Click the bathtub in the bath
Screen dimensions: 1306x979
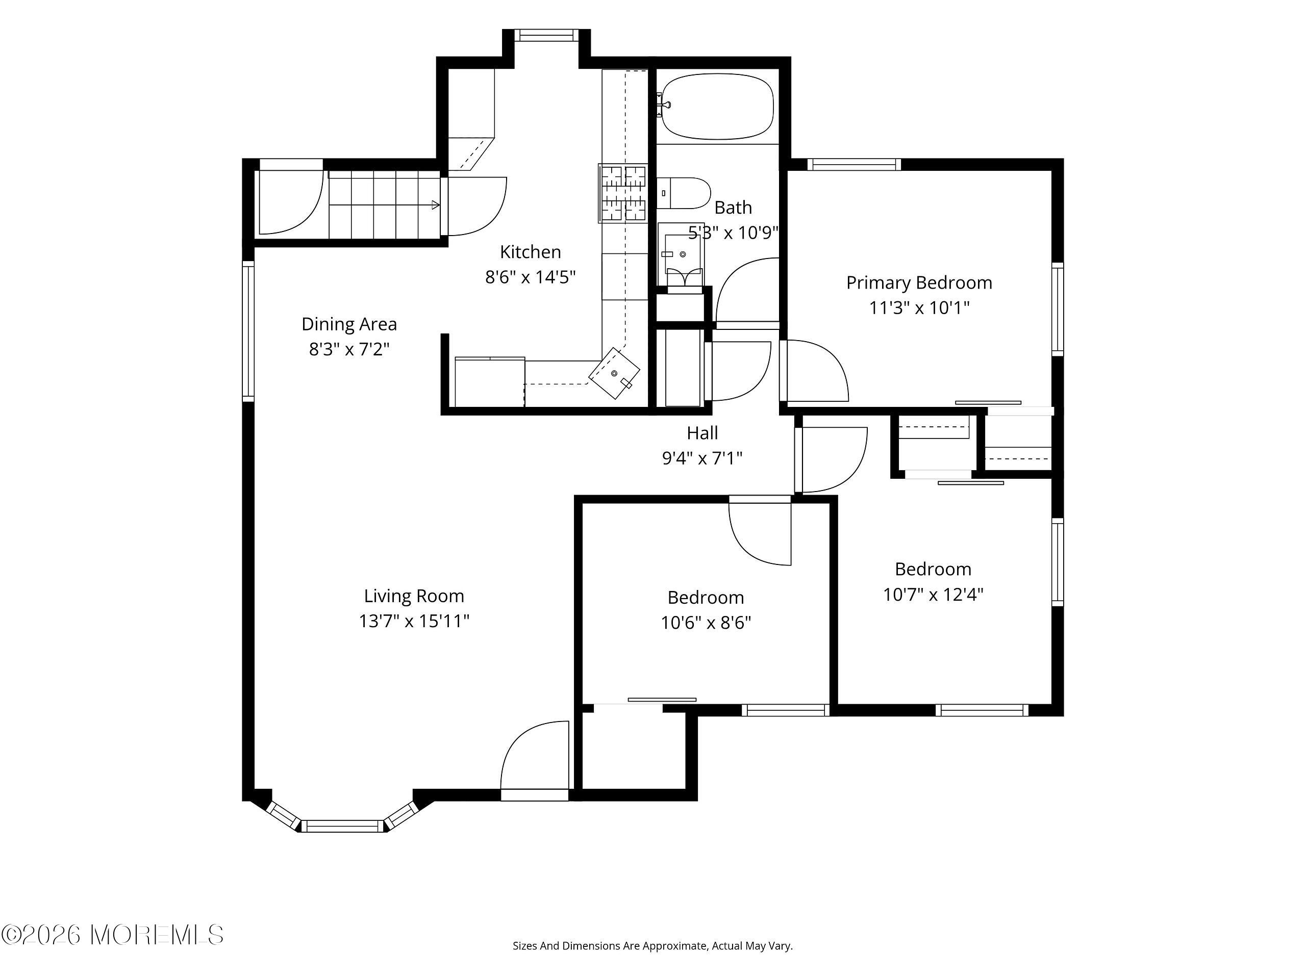[717, 106]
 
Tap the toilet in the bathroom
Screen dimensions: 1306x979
[683, 193]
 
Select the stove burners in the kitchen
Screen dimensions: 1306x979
[623, 193]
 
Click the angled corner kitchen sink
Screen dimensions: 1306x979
[615, 373]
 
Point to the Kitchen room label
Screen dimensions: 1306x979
[530, 252]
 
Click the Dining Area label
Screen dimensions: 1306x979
[349, 324]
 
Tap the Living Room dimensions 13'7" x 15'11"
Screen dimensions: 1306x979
[414, 621]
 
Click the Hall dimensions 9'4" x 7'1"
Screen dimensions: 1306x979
[702, 458]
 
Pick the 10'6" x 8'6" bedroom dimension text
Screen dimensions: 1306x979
[706, 623]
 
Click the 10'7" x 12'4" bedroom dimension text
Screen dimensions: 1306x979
[933, 594]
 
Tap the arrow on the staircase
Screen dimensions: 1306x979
[384, 205]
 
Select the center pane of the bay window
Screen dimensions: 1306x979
[342, 826]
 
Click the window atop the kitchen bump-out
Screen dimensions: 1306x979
[546, 35]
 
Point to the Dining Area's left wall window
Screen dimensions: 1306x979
[248, 331]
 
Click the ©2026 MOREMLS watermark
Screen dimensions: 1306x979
[112, 935]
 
